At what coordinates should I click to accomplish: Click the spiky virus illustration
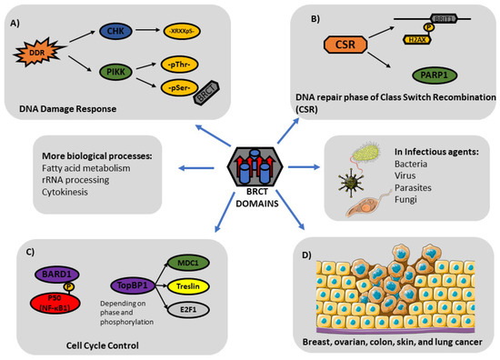coord(349,181)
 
